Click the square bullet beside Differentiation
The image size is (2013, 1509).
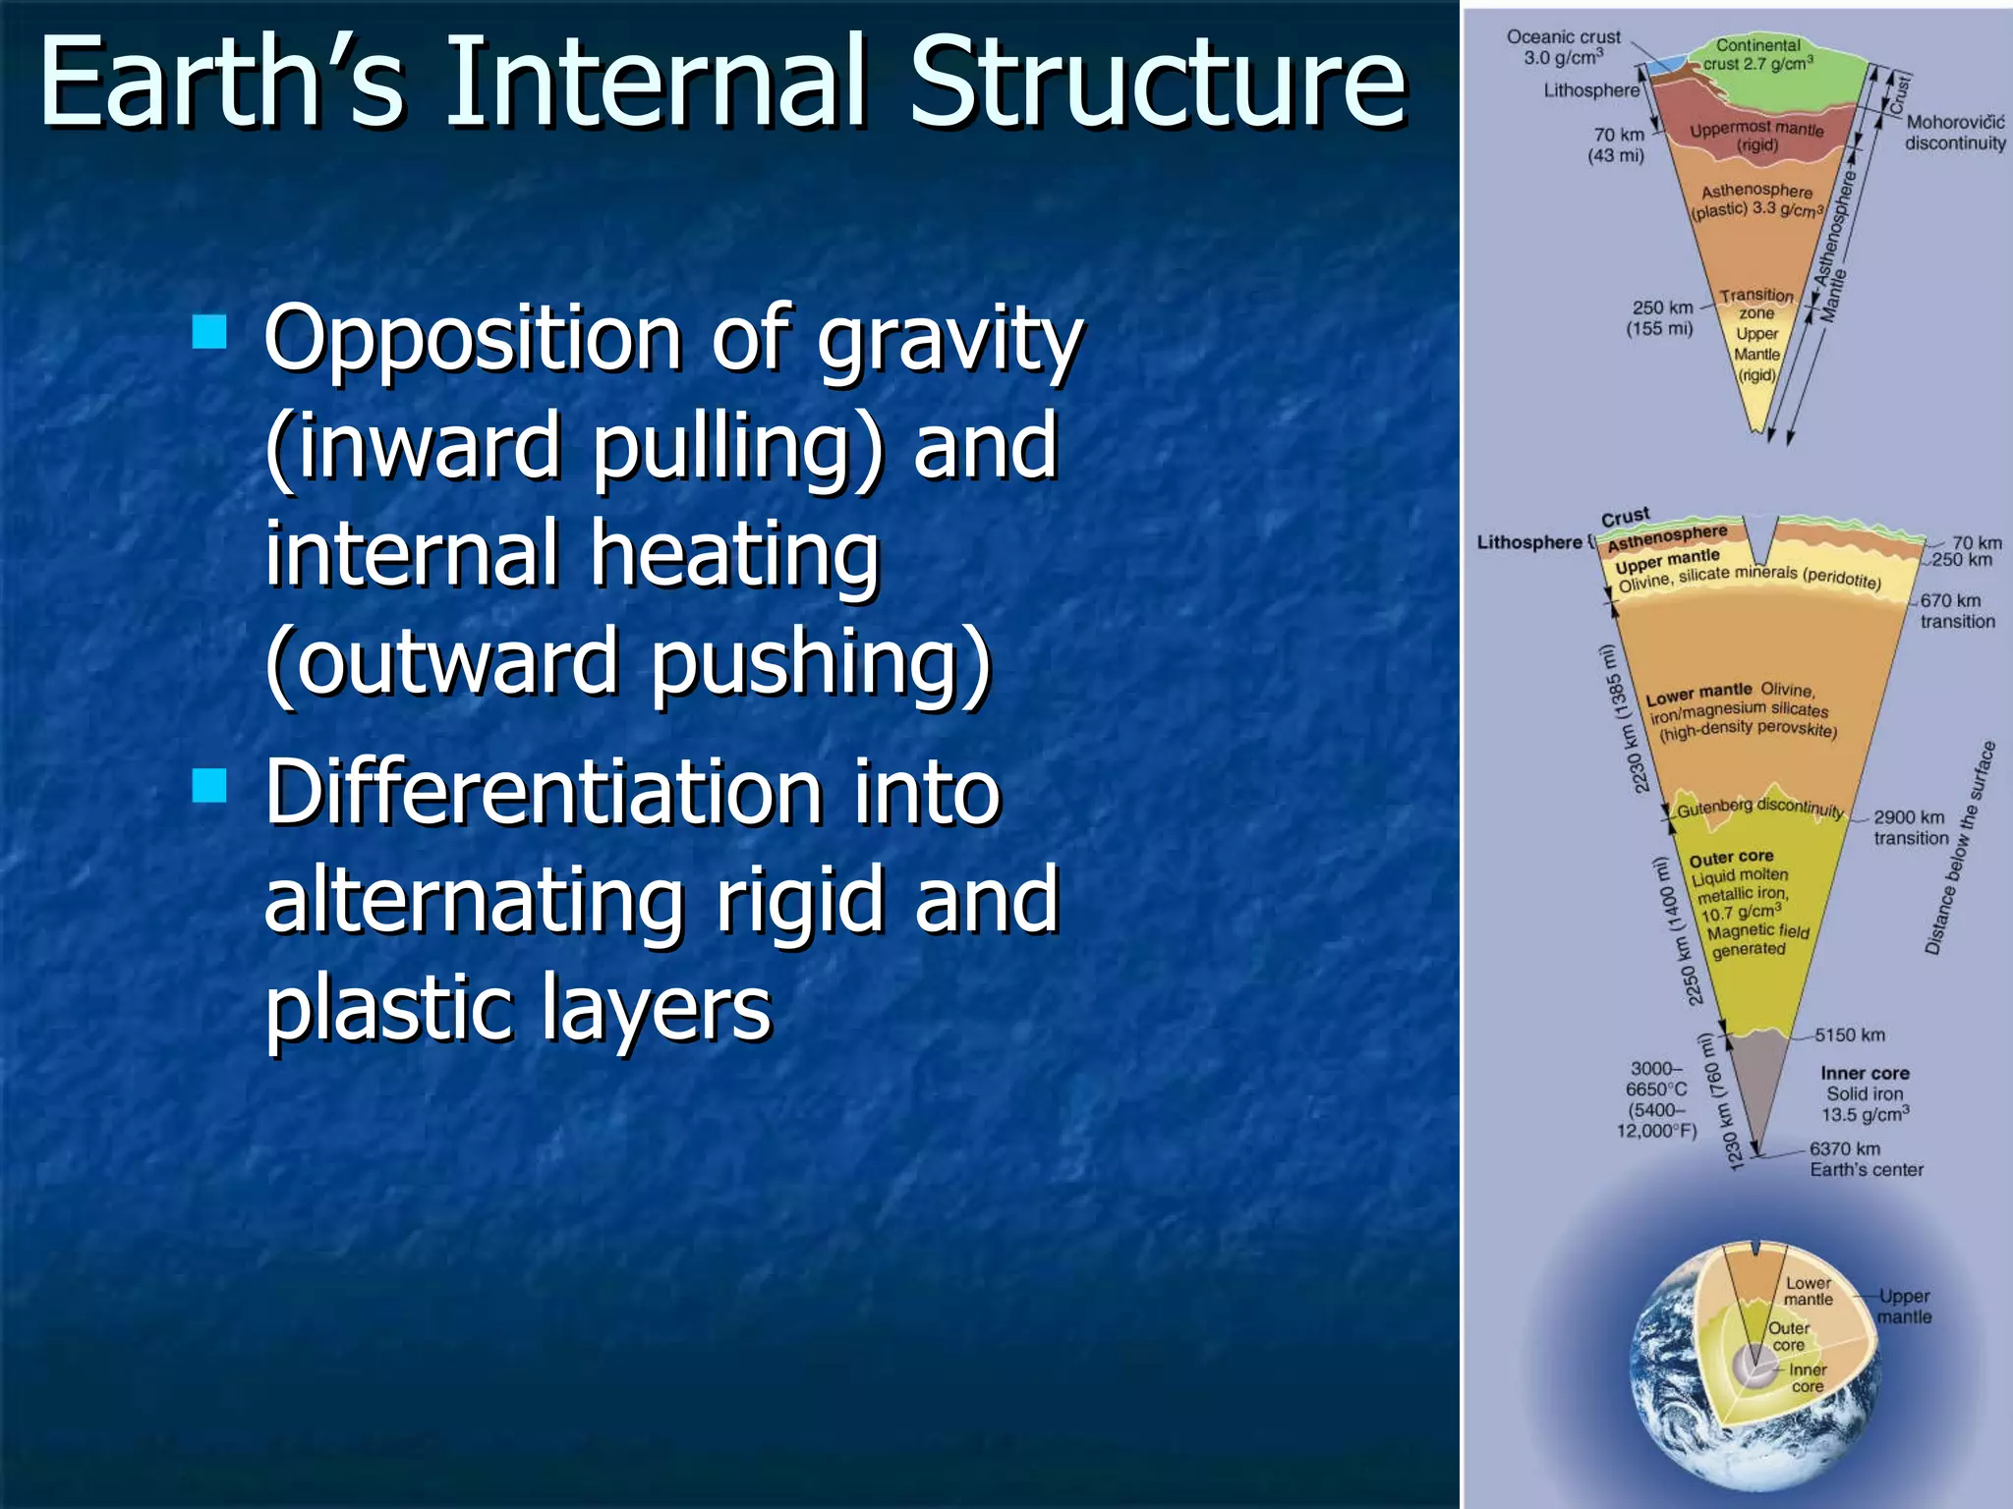(209, 786)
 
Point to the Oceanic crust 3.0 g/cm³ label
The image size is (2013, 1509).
(1563, 47)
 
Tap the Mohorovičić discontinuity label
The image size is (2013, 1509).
(1954, 133)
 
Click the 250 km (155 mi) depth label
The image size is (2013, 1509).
(1660, 317)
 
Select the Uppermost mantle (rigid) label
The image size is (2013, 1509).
(1756, 137)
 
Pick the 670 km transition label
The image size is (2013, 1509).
(1956, 610)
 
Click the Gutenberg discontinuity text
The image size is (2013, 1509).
(1759, 808)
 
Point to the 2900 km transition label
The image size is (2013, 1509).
(1909, 827)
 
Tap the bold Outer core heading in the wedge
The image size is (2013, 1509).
(1731, 857)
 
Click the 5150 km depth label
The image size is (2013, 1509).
(1849, 1034)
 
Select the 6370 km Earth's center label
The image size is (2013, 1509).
(1866, 1159)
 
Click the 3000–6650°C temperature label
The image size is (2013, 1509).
(1657, 1098)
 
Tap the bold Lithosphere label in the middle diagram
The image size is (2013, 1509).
(1529, 542)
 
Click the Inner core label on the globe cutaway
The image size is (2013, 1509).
(1807, 1377)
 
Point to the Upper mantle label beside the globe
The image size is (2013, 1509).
(1904, 1307)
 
